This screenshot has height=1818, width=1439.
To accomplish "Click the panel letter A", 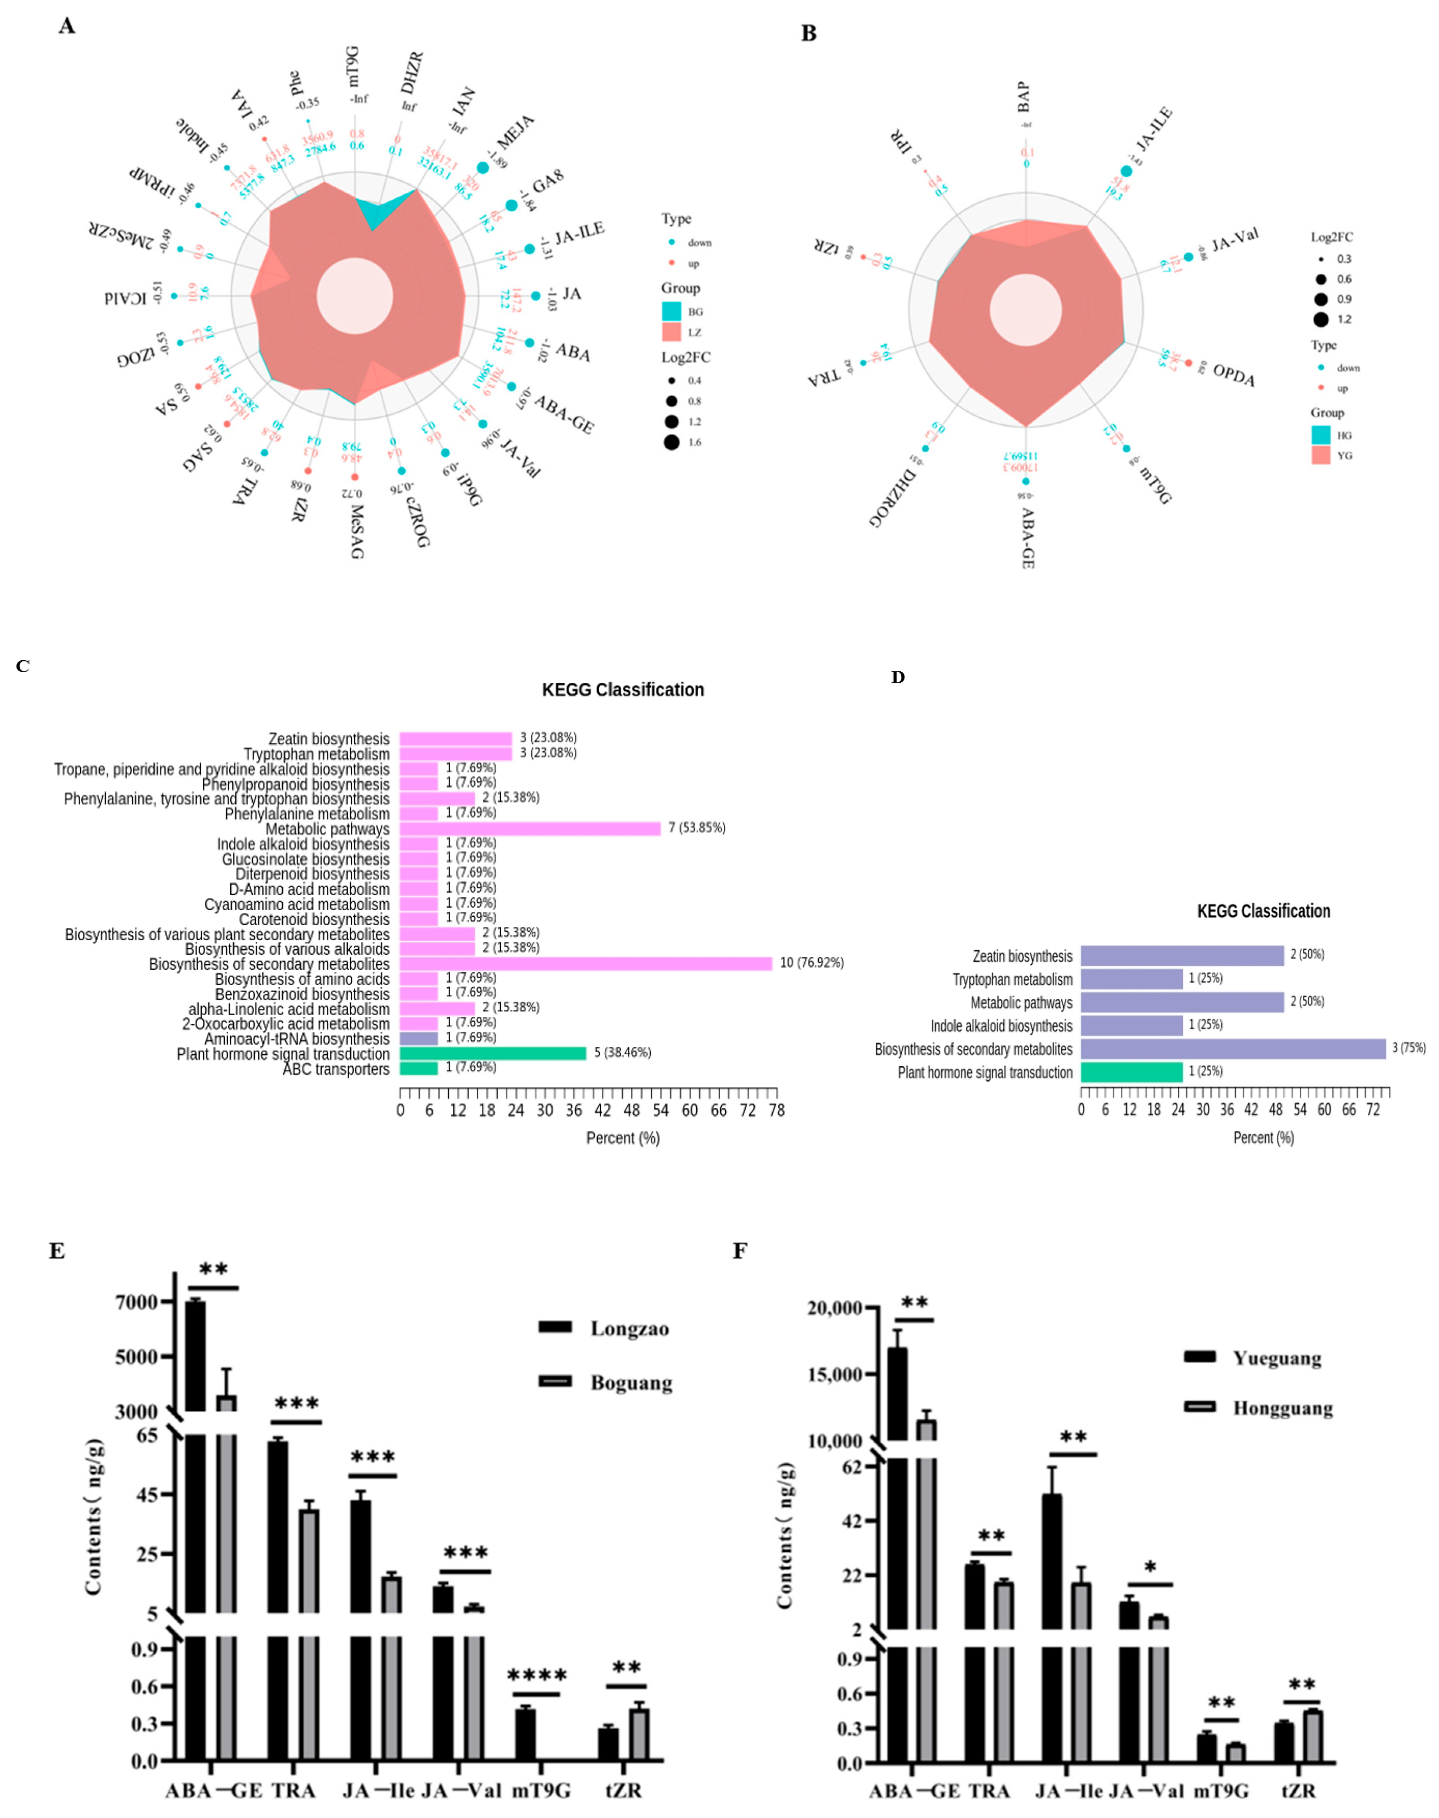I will pos(67,26).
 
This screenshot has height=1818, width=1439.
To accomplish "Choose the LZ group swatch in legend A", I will pos(671,332).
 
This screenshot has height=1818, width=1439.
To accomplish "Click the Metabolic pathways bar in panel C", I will pos(529,828).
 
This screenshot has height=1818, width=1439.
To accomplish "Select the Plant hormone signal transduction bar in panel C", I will pos(492,1053).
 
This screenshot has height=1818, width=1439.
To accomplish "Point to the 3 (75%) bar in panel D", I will pos(1233,1048).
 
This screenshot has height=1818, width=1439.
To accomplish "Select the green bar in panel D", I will pos(1131,1072).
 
